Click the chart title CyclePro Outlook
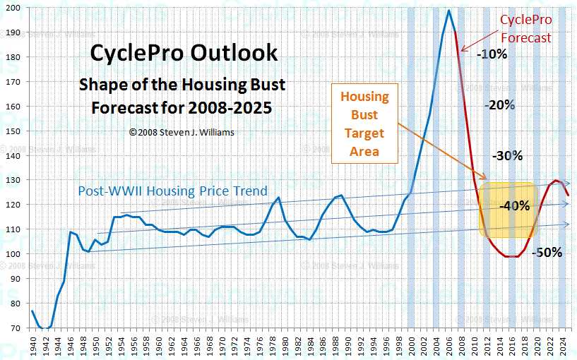(x=184, y=54)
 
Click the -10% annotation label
(x=491, y=54)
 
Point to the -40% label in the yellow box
(x=514, y=206)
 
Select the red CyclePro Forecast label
(x=525, y=29)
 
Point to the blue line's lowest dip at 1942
(x=44, y=329)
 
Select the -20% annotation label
(x=500, y=104)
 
